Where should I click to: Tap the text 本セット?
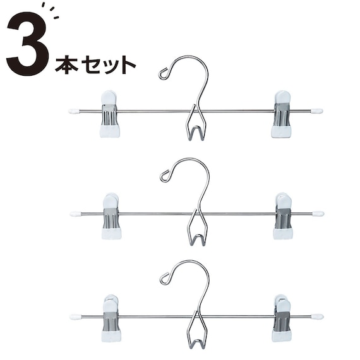[x=95, y=64]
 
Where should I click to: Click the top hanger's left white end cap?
[x=74, y=111]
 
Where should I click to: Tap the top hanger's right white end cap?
[x=317, y=111]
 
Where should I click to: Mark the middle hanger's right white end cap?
[x=318, y=213]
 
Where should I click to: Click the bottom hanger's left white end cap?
[x=76, y=316]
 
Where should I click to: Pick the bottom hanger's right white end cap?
[x=317, y=316]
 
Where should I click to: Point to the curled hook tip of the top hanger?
[x=164, y=73]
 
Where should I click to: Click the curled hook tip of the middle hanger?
[x=165, y=176]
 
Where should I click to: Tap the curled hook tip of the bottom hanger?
[x=165, y=277]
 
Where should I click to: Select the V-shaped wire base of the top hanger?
[x=197, y=130]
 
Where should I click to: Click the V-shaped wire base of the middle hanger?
[x=197, y=233]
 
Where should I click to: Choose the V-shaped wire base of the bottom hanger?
[x=196, y=335]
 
